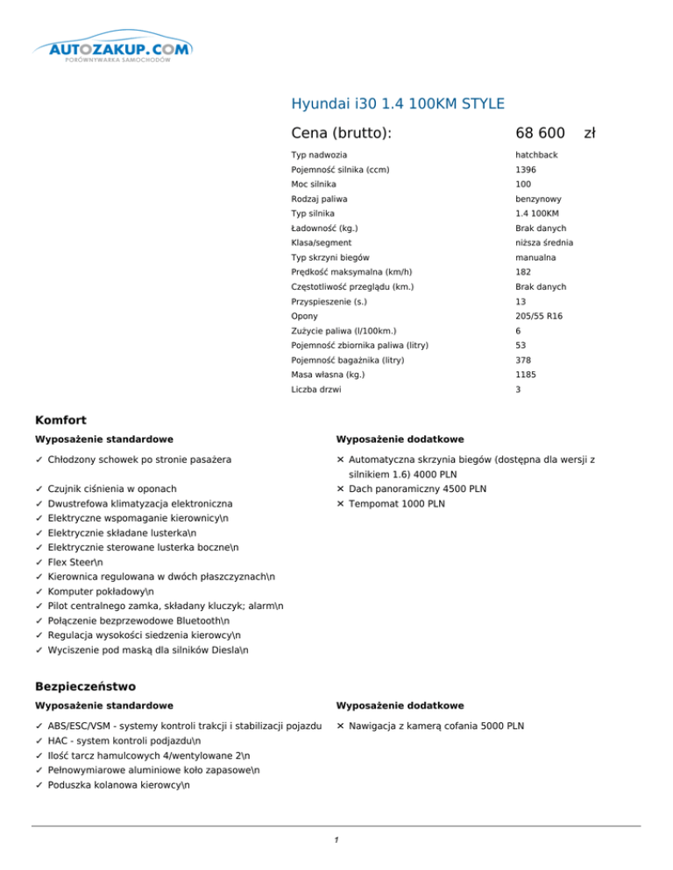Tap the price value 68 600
540,132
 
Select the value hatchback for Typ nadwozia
536,155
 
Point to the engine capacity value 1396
525,170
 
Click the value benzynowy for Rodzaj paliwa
538,199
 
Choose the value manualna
535,258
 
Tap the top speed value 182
522,272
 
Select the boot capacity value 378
522,361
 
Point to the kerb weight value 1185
525,375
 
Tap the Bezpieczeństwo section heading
84,687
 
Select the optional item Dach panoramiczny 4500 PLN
417,488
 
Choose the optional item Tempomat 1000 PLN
396,504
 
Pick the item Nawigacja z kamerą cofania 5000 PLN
436,726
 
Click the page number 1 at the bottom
336,840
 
